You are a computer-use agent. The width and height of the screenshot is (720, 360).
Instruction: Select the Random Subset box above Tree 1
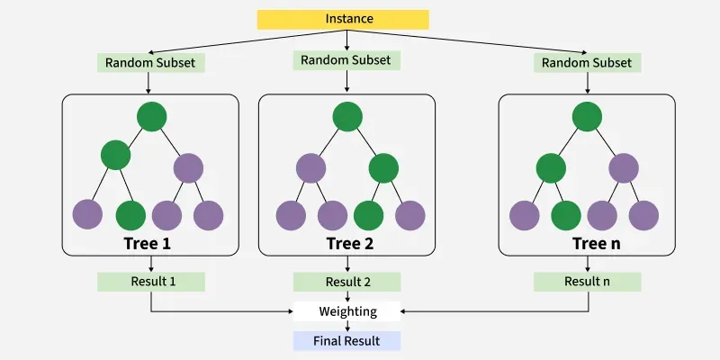(x=151, y=63)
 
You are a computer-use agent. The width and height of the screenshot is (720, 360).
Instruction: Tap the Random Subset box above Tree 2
(x=346, y=59)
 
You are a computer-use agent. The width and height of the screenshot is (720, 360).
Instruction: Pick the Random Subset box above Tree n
(x=587, y=63)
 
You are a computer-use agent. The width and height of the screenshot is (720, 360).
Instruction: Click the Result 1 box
(x=151, y=282)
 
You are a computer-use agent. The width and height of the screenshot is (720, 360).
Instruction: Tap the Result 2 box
(x=346, y=282)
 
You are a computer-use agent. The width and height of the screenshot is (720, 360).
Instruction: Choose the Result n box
(x=587, y=282)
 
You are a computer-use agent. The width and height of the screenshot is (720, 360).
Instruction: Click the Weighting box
(x=346, y=311)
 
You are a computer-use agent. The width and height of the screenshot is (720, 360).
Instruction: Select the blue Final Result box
(x=346, y=341)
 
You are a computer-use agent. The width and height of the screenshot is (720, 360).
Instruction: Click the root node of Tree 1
(x=151, y=116)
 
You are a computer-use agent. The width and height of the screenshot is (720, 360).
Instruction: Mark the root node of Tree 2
(x=346, y=116)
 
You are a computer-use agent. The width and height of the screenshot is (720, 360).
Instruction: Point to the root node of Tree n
(x=587, y=116)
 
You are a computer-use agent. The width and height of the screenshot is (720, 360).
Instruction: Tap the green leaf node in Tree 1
(x=130, y=214)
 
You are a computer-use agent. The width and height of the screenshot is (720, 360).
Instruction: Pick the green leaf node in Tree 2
(x=368, y=214)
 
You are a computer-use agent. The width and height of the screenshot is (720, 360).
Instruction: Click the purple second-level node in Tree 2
(x=310, y=167)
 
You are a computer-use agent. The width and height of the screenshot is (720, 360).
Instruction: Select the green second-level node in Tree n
(x=551, y=167)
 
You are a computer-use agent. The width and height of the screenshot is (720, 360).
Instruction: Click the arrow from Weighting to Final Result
(x=346, y=327)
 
